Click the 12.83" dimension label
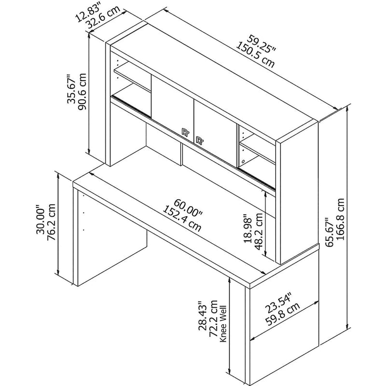pos(88,13)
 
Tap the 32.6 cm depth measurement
pos(103,17)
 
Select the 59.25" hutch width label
pos(262,44)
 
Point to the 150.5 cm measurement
pos(255,55)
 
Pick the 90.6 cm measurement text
pos(82,91)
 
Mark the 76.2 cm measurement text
pos(51,222)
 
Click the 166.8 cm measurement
pos(340,219)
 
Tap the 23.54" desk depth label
pos(278,302)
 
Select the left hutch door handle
pos(185,132)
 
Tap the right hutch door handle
pos(199,140)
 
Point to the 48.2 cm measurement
pos(259,231)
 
